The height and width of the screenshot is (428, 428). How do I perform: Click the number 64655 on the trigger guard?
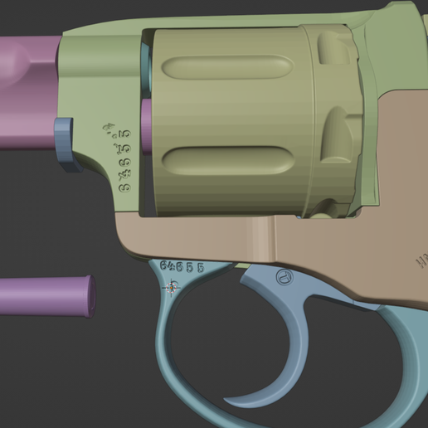(x=182, y=266)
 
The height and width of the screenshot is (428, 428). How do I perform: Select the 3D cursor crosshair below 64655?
(x=173, y=287)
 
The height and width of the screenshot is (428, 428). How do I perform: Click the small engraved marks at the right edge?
(x=421, y=263)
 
